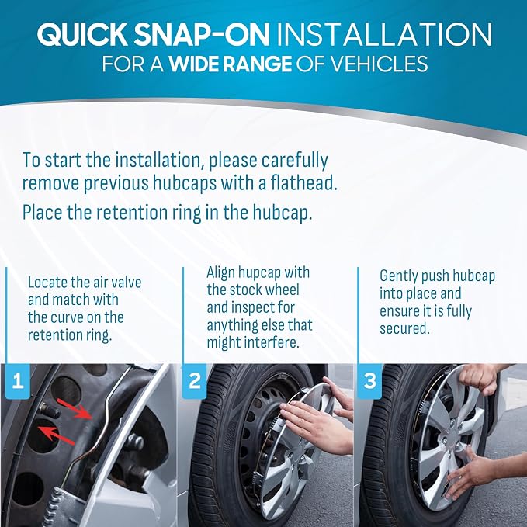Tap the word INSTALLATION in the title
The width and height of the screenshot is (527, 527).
384,35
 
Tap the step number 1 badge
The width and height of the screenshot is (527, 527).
18,381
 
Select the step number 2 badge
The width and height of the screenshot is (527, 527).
194,381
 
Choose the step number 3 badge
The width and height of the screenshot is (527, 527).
370,381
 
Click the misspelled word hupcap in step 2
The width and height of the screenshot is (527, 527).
259,273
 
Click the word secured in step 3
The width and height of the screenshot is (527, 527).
404,329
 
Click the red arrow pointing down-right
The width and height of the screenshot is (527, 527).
75,409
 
